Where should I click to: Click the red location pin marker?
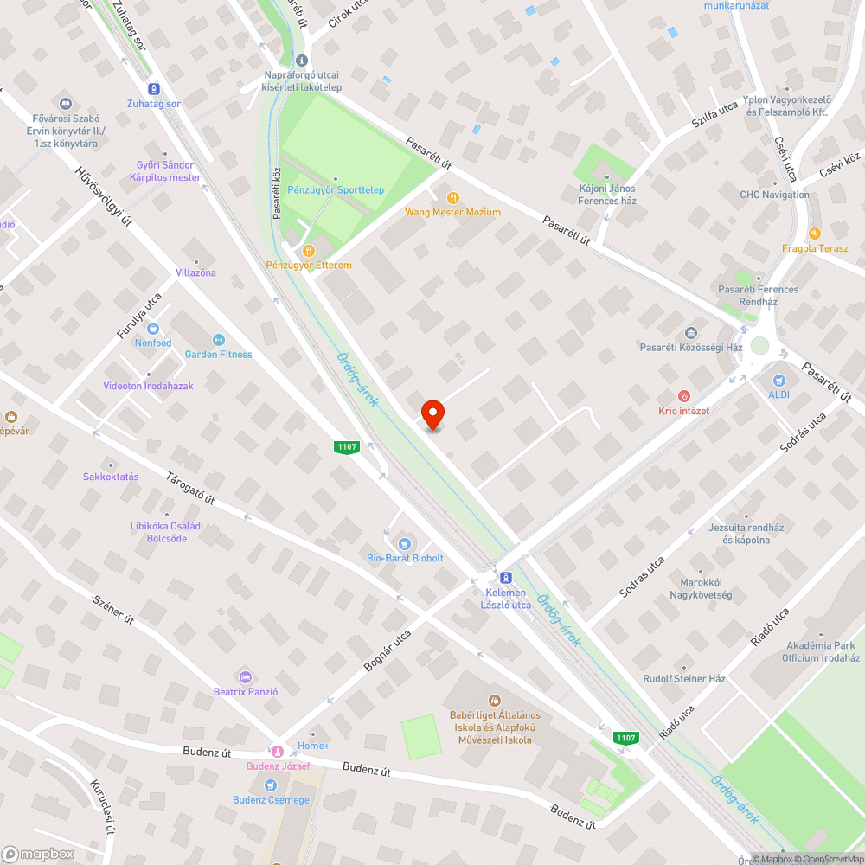coord(432,414)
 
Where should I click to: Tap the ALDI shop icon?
coord(778,380)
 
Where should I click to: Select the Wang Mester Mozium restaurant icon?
coord(452,197)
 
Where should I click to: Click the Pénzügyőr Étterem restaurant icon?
coord(309,250)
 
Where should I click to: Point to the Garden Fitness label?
coord(218,354)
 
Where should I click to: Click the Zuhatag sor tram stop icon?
coord(155,88)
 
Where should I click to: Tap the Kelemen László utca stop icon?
coord(506,577)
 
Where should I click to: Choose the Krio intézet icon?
coord(683,396)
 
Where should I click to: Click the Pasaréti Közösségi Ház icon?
coord(691,333)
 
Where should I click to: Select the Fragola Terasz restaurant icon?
coord(814,234)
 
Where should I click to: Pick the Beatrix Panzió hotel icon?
coord(246,676)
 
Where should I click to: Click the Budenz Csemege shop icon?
coord(271,785)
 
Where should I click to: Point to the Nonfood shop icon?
coord(153,328)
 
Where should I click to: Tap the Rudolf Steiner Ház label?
coord(683,679)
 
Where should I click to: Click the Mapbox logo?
coord(37,854)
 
